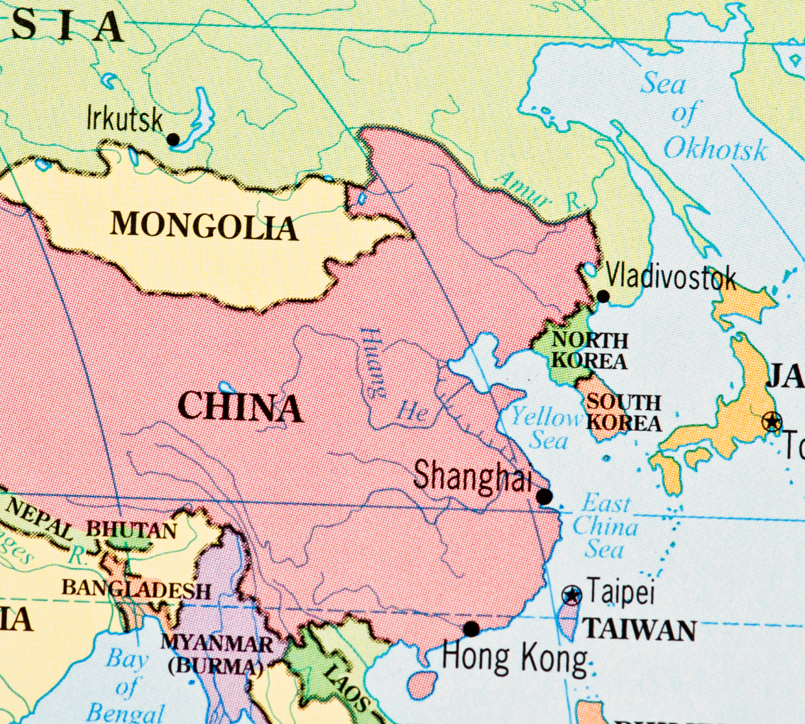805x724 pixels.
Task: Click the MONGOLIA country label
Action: tap(204, 226)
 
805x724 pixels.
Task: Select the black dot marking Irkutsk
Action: tap(173, 140)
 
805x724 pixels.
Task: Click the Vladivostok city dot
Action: tap(603, 296)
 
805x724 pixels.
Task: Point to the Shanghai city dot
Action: tap(544, 496)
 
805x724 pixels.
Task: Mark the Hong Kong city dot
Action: tap(471, 628)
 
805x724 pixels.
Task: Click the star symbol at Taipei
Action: tap(571, 595)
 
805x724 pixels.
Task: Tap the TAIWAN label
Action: tap(639, 630)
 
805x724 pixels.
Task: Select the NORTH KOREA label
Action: tap(589, 350)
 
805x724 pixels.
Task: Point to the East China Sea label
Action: tap(605, 527)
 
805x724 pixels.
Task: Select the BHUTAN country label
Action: tap(131, 530)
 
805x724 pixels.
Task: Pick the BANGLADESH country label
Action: tap(136, 588)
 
